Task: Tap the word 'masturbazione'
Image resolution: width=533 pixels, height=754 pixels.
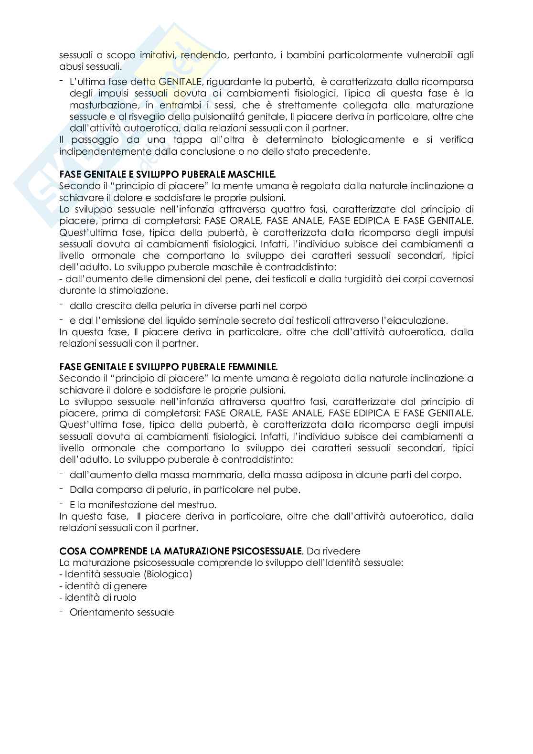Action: tap(99, 105)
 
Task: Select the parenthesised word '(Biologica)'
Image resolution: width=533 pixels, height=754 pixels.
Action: tap(170, 574)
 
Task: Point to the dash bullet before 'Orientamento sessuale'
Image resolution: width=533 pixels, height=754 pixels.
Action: tap(62, 611)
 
